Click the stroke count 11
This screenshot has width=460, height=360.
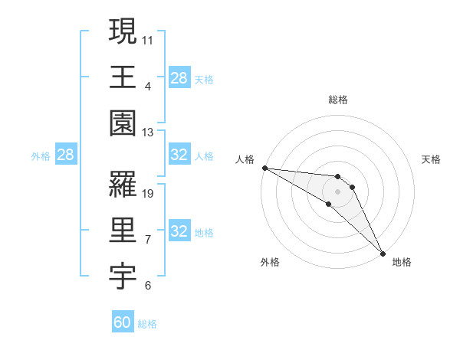click(x=148, y=39)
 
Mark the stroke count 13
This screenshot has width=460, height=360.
click(x=148, y=133)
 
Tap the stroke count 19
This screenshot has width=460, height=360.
click(x=148, y=194)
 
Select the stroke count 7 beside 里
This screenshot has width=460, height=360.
click(x=147, y=240)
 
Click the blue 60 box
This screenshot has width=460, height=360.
click(x=123, y=322)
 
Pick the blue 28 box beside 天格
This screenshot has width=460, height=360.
click(x=179, y=77)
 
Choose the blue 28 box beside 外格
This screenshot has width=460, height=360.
click(x=65, y=155)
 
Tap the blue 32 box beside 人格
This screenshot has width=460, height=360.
click(x=179, y=155)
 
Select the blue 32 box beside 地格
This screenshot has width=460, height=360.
click(x=179, y=231)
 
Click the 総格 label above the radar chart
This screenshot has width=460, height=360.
click(x=337, y=100)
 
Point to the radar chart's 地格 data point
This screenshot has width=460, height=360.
click(x=382, y=253)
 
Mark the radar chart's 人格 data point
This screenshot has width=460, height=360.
click(x=264, y=168)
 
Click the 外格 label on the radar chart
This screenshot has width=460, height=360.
click(x=270, y=263)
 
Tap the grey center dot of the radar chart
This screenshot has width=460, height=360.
click(x=337, y=191)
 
